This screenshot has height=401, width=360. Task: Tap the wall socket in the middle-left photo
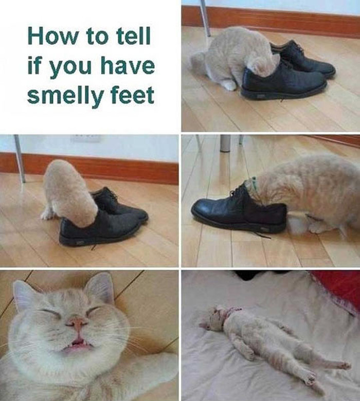(x=85, y=138)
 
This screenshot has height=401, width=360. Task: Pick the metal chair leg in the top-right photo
(x=205, y=18)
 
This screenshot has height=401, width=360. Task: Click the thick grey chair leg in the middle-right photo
(x=225, y=143)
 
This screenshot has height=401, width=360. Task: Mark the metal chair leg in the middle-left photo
(x=20, y=158)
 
